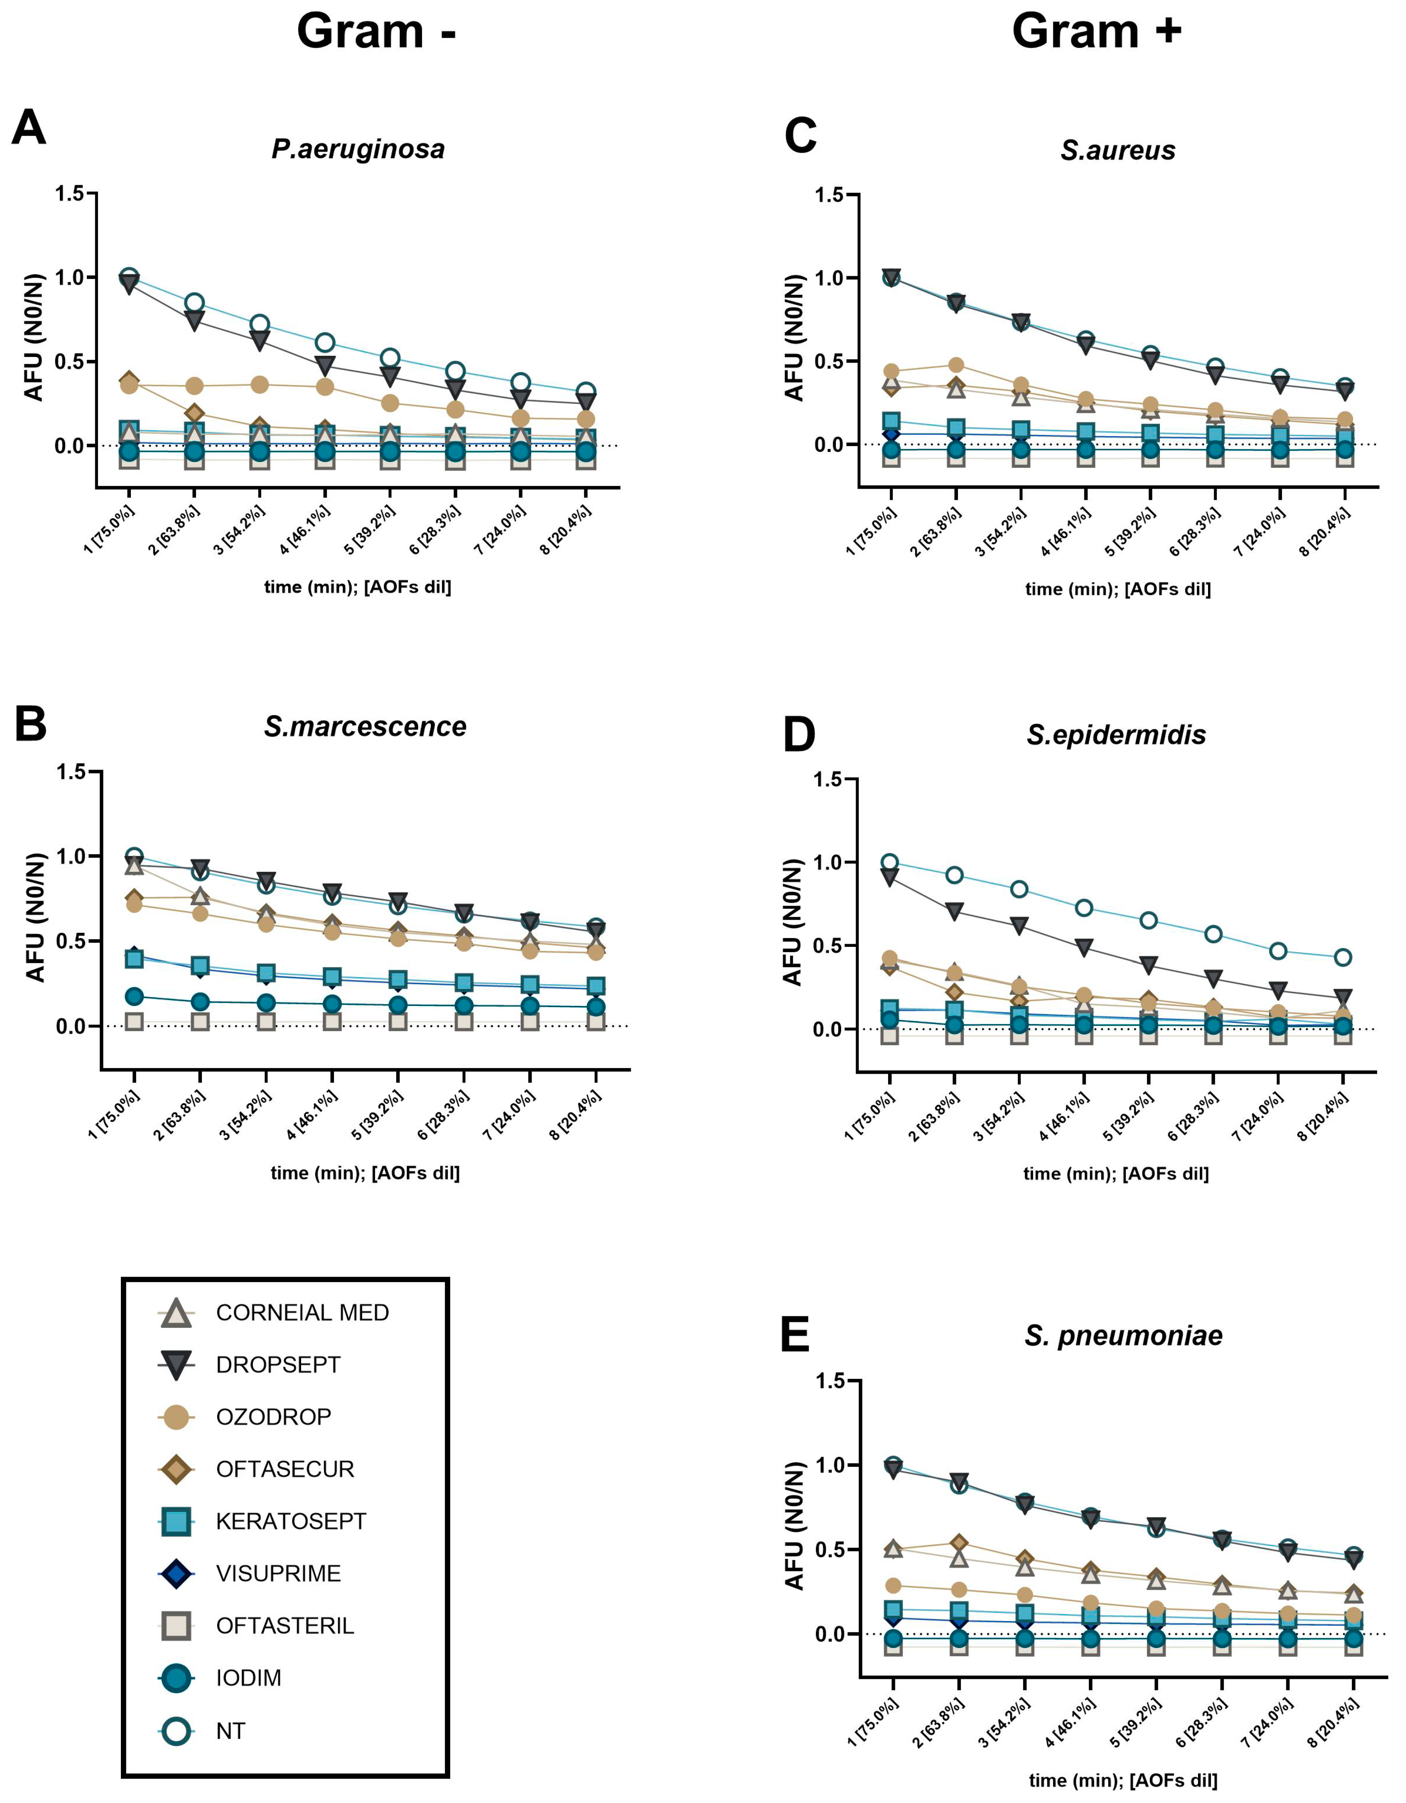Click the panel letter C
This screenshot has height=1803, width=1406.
click(x=800, y=136)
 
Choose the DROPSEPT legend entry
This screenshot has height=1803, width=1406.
click(x=277, y=1364)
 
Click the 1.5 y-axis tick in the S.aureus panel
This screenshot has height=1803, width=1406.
click(x=829, y=196)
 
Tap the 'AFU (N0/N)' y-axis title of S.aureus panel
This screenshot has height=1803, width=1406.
click(x=794, y=338)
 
